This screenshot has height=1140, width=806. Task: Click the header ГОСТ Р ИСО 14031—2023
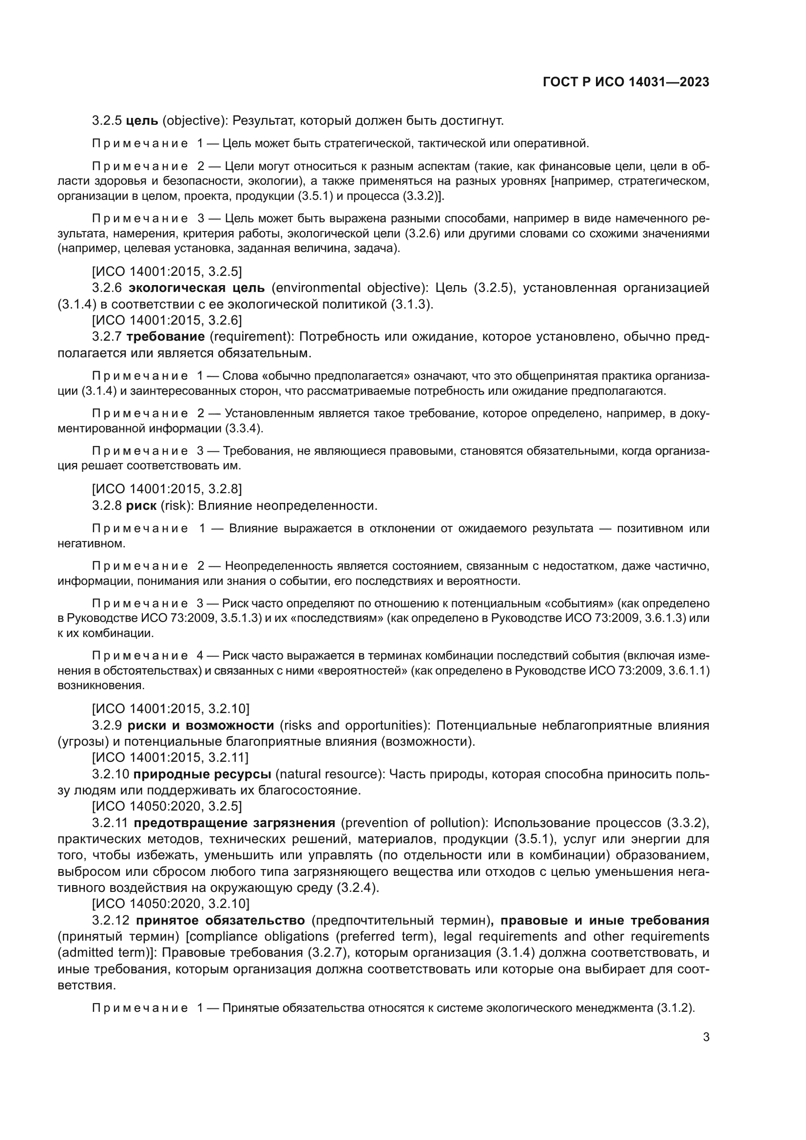626,82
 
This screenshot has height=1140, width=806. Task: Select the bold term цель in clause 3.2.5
142,121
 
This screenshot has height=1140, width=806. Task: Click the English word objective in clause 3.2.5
192,121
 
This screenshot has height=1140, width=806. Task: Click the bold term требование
165,337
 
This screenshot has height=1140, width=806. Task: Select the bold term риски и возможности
200,725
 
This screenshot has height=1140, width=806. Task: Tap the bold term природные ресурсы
202,774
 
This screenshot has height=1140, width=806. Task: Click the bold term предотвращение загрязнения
234,823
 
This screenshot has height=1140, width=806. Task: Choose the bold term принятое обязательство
220,920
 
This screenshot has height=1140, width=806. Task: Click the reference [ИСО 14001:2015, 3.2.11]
170,758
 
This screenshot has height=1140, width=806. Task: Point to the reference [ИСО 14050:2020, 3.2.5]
167,806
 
